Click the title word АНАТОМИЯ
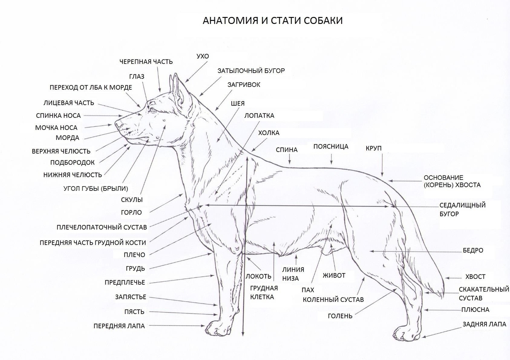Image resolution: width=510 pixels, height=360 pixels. coord(230,20)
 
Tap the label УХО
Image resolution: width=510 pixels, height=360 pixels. coord(203,56)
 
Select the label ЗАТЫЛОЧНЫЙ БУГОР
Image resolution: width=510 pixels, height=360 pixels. coord(251,71)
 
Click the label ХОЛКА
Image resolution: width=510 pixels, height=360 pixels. coord(269,133)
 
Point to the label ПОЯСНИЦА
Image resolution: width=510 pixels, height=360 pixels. coord(331,146)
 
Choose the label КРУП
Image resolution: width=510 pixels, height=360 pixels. coord(373,149)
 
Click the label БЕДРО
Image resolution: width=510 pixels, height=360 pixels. coord(473,251)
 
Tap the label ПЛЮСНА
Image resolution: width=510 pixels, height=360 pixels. coord(475,310)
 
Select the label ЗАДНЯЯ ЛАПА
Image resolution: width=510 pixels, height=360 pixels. coord(484,324)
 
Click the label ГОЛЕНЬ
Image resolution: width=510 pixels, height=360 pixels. coord(340,316)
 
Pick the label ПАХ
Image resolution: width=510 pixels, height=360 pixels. coord(308,290)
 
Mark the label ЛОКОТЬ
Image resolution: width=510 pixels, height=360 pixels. coord(258,276)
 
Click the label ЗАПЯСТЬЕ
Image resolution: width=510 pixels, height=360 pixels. coord(131,297)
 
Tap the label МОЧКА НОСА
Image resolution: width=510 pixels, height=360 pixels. coord(56,128)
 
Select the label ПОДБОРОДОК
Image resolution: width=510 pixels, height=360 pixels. coord(72,162)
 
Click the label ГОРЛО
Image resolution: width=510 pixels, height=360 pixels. coord(132,212)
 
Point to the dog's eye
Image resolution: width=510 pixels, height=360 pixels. coord(152,110)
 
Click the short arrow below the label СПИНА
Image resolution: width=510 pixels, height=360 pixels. coord(290,159)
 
